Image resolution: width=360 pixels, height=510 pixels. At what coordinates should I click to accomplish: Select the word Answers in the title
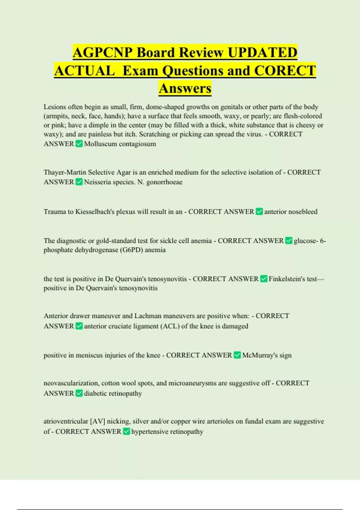185,88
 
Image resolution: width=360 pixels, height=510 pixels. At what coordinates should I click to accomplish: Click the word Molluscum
100,144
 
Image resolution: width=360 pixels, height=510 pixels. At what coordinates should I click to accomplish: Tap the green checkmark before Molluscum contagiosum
79,144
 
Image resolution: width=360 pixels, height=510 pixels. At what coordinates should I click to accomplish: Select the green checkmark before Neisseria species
79,182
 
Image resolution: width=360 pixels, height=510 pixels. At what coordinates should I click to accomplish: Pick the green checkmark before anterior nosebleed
259,212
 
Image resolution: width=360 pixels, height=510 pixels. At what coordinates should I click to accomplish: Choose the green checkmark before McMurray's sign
237,355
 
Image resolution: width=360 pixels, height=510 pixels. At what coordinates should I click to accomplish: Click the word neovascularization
71,383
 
